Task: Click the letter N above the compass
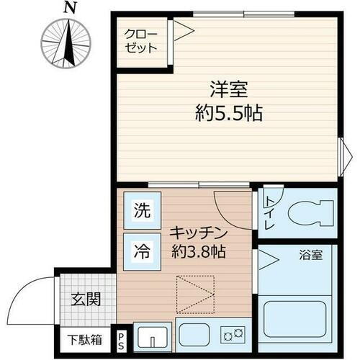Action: [x=69, y=8]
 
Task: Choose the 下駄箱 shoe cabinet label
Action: [x=85, y=338]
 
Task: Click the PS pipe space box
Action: [x=122, y=338]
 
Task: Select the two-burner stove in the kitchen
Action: [x=232, y=333]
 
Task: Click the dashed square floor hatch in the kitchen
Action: [x=195, y=293]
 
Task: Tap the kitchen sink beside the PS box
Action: [x=152, y=336]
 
